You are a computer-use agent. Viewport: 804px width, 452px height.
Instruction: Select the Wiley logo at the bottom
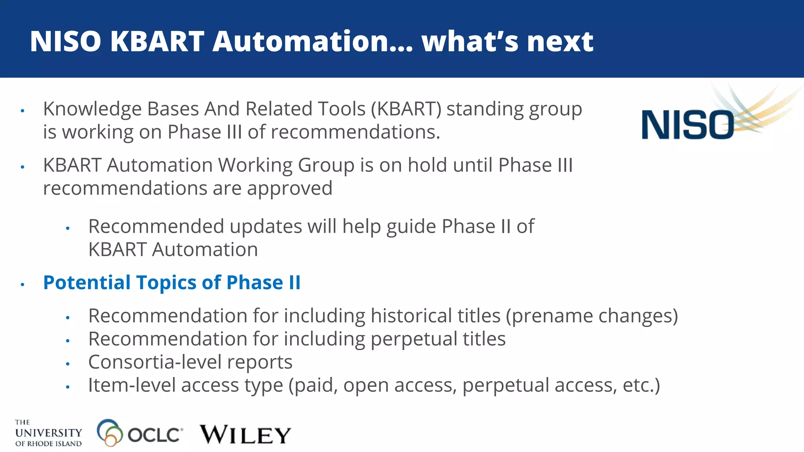click(x=245, y=434)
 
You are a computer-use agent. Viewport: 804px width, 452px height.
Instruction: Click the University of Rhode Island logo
click(x=48, y=433)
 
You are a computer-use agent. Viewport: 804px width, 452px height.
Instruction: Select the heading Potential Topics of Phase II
click(x=172, y=282)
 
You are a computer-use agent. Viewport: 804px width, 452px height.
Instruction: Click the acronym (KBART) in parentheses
click(x=406, y=109)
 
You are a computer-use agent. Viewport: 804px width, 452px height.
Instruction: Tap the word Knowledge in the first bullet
click(x=92, y=109)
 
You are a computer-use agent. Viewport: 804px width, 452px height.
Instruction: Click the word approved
click(x=289, y=188)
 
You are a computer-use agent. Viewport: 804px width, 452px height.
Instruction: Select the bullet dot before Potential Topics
click(x=23, y=284)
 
